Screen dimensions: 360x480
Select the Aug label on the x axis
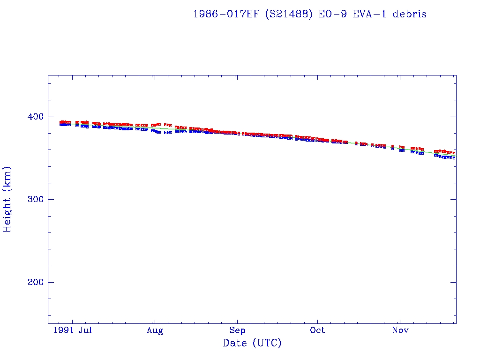point(155,331)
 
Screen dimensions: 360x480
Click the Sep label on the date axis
point(237,331)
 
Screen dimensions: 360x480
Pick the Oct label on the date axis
point(317,331)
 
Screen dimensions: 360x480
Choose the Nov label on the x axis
point(400,331)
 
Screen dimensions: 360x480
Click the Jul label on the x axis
point(85,331)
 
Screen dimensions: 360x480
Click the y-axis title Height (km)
point(7,199)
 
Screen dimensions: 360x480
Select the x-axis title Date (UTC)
point(252,344)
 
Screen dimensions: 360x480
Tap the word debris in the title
point(410,14)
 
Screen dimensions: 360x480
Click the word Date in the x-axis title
point(235,344)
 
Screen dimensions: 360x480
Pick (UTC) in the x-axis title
point(267,344)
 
